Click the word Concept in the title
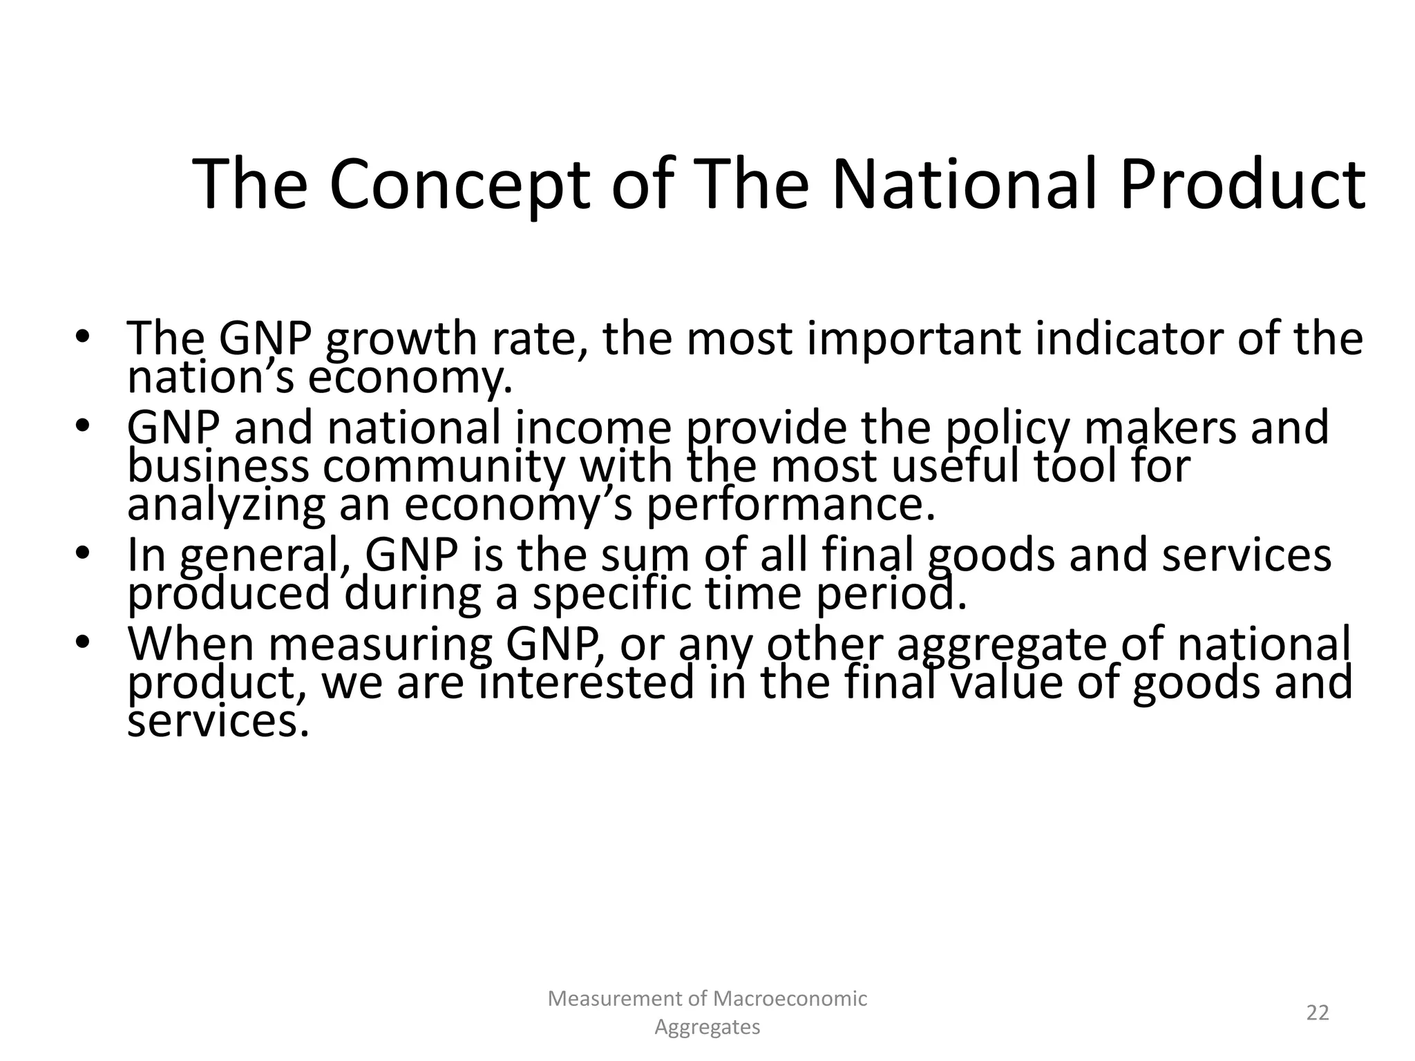459,185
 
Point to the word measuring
381,644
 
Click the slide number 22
1318,1013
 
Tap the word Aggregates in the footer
707,1027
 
